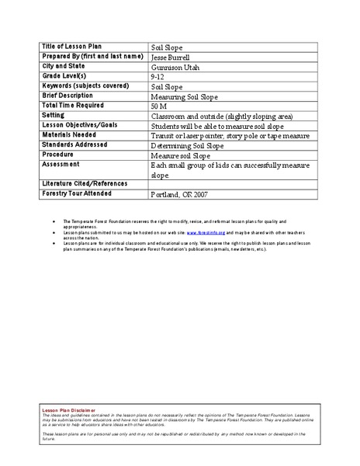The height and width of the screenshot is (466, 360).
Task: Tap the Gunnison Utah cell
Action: point(175,67)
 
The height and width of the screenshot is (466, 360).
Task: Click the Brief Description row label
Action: point(69,96)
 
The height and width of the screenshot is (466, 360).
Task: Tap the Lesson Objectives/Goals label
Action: point(81,125)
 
